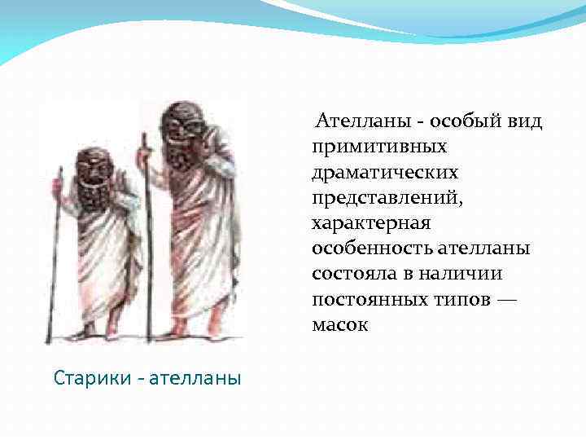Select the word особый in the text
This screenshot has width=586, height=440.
coord(461,122)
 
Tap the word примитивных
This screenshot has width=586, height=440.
coord(378,147)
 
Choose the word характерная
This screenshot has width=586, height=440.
coord(370,222)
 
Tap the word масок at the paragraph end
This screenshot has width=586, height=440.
coord(339,323)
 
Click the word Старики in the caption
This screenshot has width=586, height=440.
coord(88,378)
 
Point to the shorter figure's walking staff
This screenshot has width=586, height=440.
coord(55,261)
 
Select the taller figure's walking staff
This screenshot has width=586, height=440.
coord(146,244)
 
